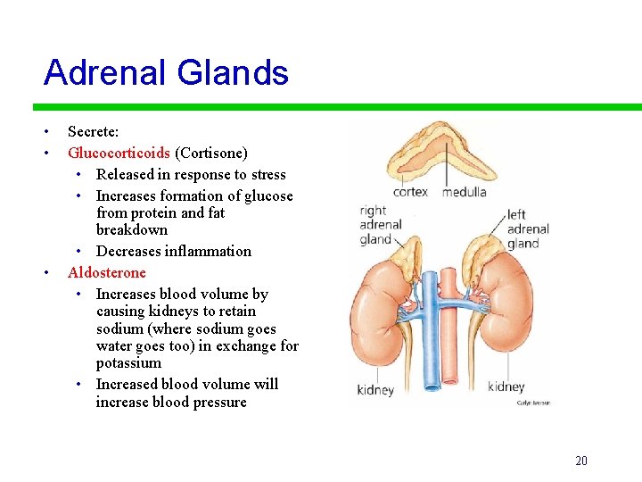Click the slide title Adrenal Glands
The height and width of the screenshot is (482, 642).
click(166, 72)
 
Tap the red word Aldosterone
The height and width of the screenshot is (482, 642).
click(106, 272)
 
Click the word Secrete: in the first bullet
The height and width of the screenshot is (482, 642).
click(93, 131)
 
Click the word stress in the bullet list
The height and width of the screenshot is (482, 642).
click(268, 174)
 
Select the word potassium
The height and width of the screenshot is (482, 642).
click(128, 362)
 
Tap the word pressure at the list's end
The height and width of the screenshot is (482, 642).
click(218, 402)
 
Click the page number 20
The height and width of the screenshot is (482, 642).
click(581, 461)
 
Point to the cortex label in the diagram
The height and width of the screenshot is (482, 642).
click(410, 191)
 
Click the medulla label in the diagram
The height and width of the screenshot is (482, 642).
click(464, 191)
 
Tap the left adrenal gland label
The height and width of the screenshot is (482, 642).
click(527, 229)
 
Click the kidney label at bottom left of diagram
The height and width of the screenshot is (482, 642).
click(375, 389)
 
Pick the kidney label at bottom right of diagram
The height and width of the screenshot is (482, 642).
click(506, 386)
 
